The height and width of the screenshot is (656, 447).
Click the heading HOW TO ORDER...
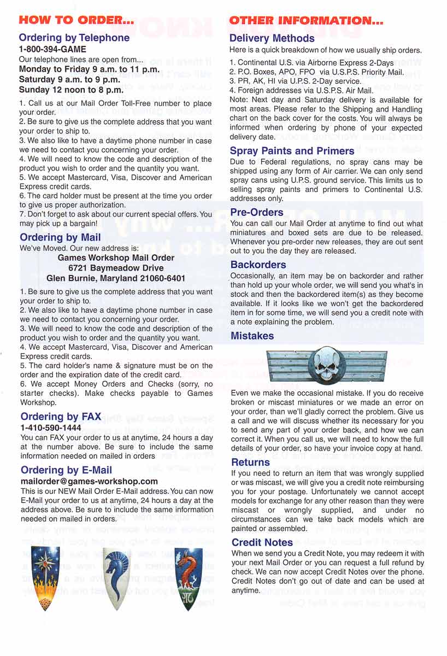coord(76,20)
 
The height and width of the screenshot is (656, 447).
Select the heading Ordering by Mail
coord(60,237)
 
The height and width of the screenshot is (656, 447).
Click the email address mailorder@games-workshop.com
coord(89,482)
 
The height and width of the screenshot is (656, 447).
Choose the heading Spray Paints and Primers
coord(292,151)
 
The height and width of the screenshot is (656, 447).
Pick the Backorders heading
coord(258,265)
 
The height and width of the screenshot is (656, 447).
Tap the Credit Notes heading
coord(262,542)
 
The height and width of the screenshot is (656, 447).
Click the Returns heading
coord(250,462)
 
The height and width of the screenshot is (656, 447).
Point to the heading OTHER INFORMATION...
coord(306,21)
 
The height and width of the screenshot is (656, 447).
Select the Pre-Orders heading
coord(256,212)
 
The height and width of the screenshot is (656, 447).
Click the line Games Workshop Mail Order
coord(116,258)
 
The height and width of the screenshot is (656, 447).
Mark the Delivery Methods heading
coord(272,38)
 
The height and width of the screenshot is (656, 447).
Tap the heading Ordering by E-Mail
coord(66,470)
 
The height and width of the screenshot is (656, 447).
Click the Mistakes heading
coord(252,336)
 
